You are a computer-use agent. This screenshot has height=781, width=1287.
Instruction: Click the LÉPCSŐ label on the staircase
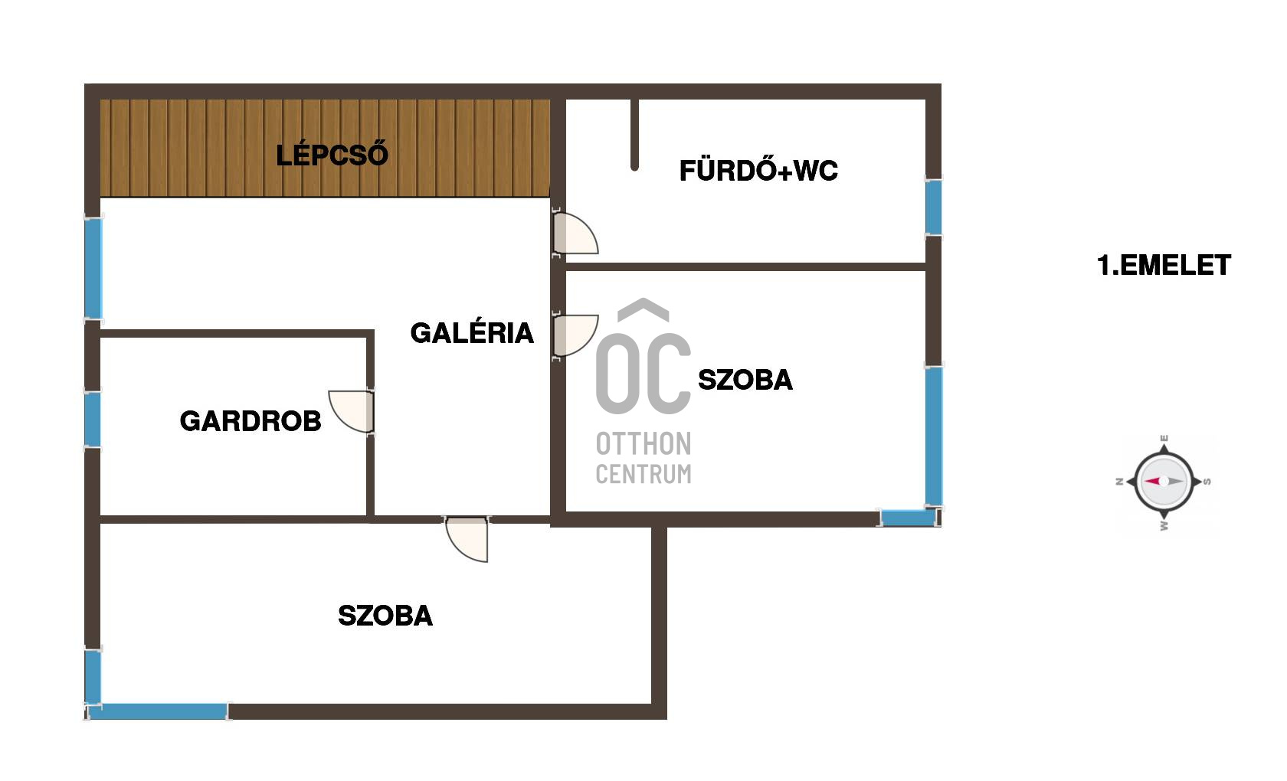[332, 155]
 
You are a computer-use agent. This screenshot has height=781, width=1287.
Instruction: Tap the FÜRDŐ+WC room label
[758, 170]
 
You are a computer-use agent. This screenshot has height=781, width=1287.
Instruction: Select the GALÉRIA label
[472, 333]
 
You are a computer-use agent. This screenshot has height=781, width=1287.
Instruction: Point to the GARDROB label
[251, 421]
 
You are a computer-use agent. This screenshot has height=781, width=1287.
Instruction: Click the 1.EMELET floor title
[1164, 266]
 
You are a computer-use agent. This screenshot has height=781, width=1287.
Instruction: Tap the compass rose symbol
[1164, 482]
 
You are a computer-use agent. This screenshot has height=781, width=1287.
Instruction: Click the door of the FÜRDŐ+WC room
[575, 234]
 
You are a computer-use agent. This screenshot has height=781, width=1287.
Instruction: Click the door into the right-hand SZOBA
[575, 335]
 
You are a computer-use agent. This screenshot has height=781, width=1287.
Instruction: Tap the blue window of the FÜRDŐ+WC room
[933, 207]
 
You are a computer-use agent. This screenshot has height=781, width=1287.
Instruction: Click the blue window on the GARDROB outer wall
[93, 419]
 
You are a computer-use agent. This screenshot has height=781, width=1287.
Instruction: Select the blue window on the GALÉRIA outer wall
[93, 269]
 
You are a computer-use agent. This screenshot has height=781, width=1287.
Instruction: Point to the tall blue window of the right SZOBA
[933, 436]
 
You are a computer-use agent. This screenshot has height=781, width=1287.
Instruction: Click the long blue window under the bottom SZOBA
[158, 711]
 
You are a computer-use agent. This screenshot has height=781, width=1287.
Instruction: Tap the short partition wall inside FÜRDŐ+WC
[634, 134]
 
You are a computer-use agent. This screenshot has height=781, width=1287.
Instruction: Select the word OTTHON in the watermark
[643, 444]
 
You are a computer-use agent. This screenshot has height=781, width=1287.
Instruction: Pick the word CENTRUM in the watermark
[643, 475]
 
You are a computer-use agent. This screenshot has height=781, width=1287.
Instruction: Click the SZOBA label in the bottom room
[385, 616]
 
